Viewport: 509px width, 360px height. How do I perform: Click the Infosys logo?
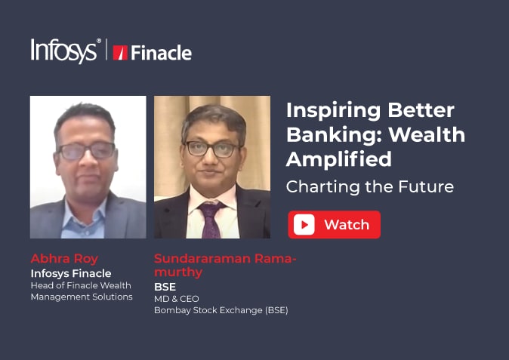[64, 51]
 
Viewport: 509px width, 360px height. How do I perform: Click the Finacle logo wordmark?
[161, 53]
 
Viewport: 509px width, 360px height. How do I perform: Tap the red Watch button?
[334, 224]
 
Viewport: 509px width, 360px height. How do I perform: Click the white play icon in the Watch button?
[304, 224]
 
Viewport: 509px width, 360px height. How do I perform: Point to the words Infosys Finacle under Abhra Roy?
[71, 273]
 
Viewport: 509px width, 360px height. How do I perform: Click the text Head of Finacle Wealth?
[81, 285]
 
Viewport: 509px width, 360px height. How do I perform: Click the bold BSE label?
[165, 287]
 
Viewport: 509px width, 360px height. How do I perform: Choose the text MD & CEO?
[176, 299]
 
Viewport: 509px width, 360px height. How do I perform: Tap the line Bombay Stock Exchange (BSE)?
[221, 310]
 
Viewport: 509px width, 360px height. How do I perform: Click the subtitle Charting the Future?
[370, 186]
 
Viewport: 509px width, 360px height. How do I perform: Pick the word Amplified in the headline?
[338, 160]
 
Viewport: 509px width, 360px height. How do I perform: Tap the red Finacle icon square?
[119, 53]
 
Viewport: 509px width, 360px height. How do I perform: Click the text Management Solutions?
[82, 297]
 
